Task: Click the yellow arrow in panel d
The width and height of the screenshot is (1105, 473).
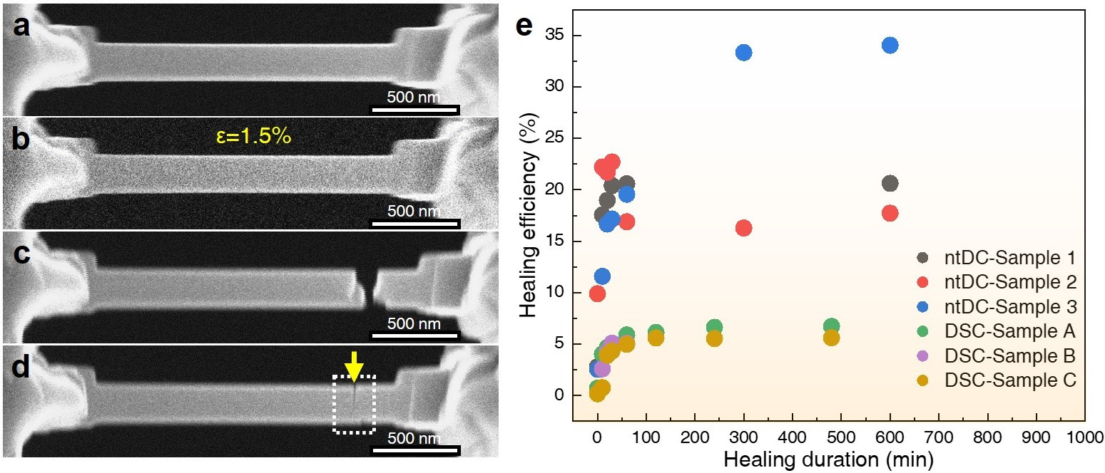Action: [353, 366]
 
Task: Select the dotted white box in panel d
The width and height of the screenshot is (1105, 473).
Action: [354, 404]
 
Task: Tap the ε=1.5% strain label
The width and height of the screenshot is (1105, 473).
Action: [253, 136]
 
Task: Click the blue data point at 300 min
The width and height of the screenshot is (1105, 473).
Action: [743, 53]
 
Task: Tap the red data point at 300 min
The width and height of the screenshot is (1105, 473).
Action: [743, 228]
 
